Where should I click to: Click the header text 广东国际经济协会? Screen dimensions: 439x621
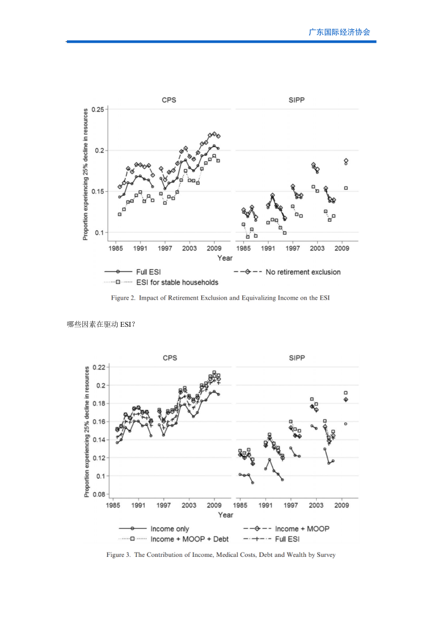pos(339,32)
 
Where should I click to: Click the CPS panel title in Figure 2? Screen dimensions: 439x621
pos(169,100)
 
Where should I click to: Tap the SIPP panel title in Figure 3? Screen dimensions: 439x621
pos(297,358)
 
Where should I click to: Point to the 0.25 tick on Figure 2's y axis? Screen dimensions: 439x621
pos(98,109)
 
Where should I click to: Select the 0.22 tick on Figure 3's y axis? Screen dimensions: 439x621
pos(99,367)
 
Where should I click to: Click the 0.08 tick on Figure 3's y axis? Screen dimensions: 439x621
pos(99,494)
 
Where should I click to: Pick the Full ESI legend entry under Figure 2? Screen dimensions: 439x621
pos(133,272)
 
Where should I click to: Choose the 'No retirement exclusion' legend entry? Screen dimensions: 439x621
pos(288,272)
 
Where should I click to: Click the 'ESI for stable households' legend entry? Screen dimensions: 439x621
pos(161,283)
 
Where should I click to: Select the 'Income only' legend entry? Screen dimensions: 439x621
pos(154,529)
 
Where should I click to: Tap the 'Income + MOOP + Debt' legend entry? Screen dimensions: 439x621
pos(174,539)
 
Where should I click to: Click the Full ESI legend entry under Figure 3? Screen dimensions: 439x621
pos(271,539)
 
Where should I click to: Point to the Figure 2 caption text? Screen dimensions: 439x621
pos(220,298)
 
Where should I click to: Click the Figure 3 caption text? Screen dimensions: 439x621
pos(221,555)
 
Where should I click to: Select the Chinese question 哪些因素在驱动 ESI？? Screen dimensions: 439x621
pos(101,325)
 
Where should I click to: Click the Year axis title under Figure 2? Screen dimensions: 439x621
pos(225,258)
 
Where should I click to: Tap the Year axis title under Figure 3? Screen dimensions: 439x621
pos(226,515)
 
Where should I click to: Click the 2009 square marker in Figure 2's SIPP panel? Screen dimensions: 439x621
pos(346,188)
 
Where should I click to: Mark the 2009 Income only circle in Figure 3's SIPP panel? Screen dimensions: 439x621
pos(346,424)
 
